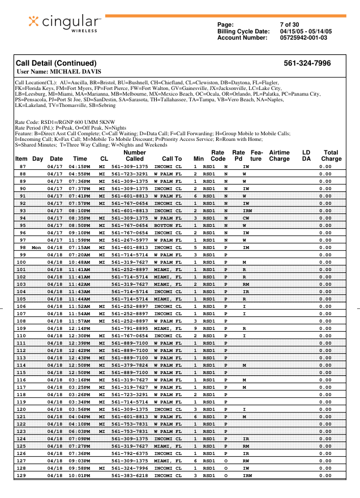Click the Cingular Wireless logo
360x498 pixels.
pos(65,23)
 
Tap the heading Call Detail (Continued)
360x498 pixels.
pos(56,63)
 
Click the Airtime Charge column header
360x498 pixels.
pos(279,156)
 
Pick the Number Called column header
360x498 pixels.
pos(134,156)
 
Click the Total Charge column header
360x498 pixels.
pos(331,156)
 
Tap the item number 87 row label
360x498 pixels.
pos(23,167)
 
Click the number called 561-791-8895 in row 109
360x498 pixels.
pos(130,328)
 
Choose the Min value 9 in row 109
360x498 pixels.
pos(195,328)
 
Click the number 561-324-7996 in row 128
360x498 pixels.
pos(130,468)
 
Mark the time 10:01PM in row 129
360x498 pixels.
pos(79,475)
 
